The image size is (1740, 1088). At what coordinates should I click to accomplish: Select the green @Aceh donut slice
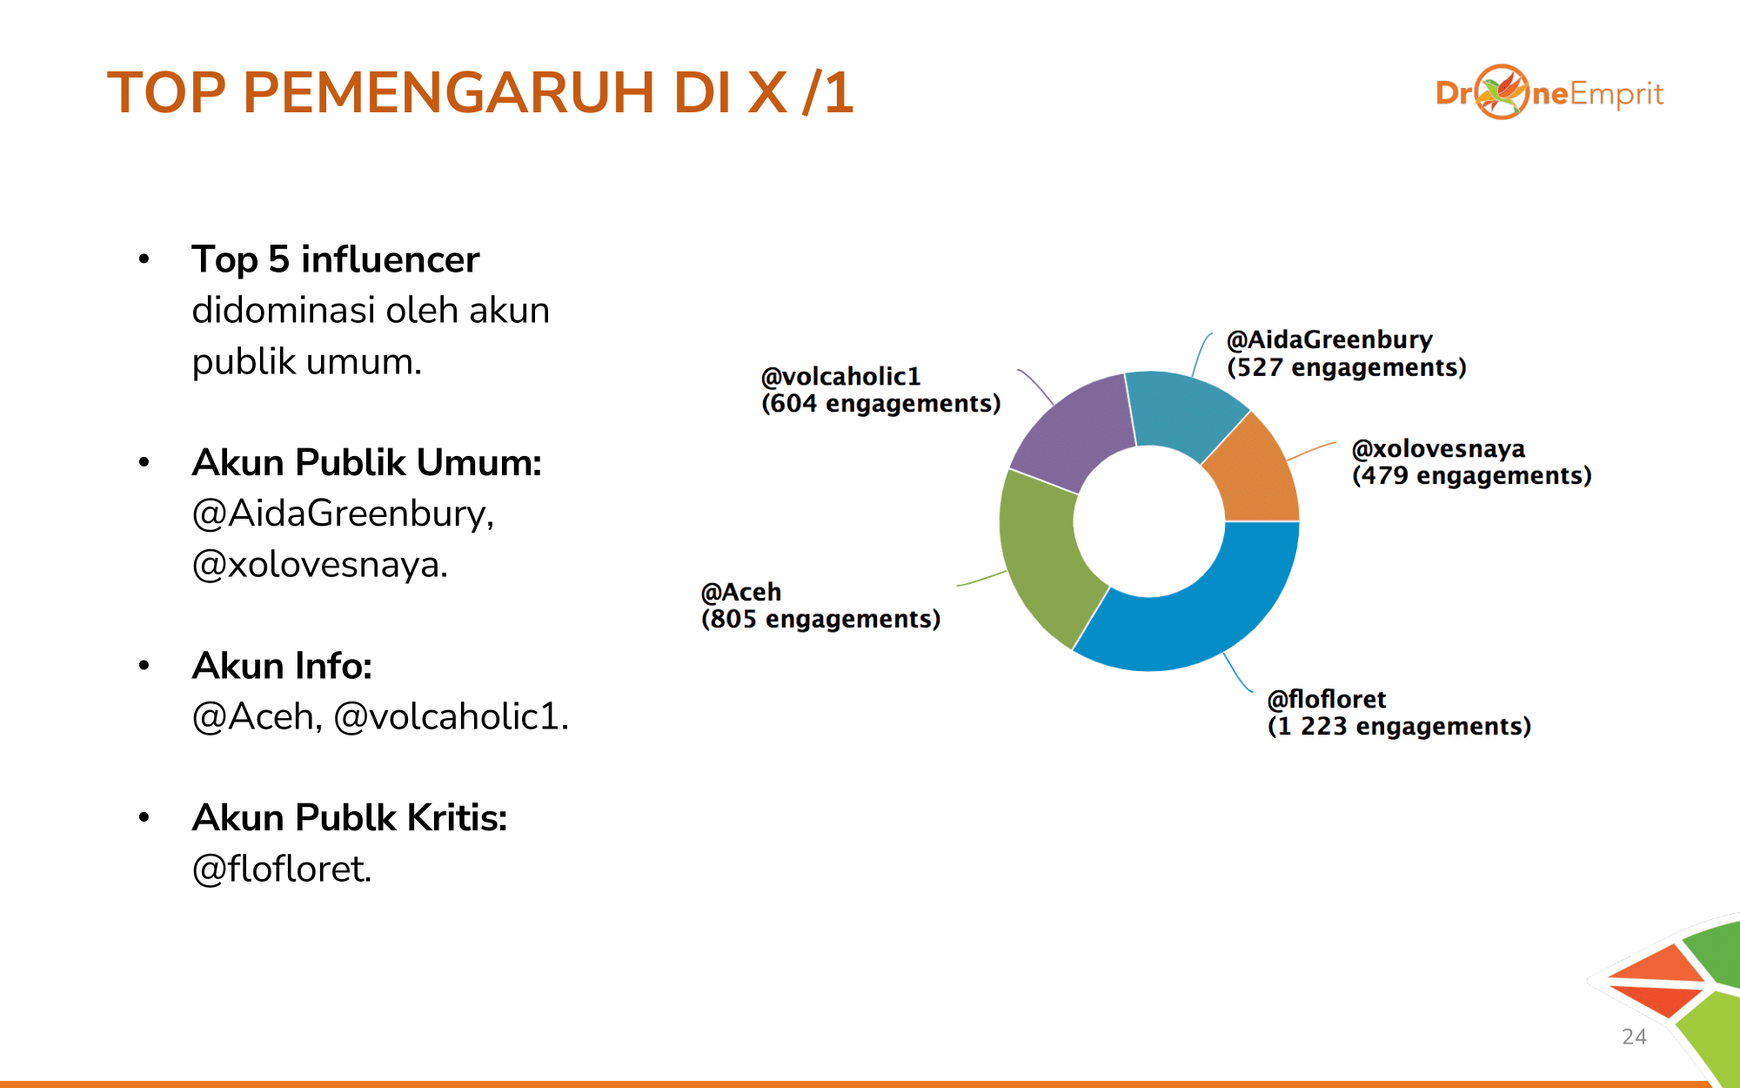pyautogui.click(x=1040, y=557)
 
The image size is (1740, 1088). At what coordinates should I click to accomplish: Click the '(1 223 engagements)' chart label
pyautogui.click(x=1399, y=726)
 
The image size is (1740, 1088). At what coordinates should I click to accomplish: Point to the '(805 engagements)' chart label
pyautogui.click(x=820, y=619)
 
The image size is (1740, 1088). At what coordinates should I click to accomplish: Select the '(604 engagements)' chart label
pyautogui.click(x=880, y=404)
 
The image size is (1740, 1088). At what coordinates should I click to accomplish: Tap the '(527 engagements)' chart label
pyautogui.click(x=1347, y=367)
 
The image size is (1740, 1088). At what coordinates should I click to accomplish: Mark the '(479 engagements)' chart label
pyautogui.click(x=1472, y=475)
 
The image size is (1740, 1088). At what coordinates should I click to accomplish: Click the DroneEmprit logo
pyautogui.click(x=1549, y=92)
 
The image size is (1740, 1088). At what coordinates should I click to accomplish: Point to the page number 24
pyautogui.click(x=1634, y=1037)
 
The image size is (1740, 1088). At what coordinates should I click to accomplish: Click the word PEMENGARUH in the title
pyautogui.click(x=448, y=92)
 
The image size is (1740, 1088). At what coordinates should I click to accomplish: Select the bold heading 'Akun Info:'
pyautogui.click(x=282, y=666)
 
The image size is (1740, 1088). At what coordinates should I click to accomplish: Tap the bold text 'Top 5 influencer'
pyautogui.click(x=336, y=259)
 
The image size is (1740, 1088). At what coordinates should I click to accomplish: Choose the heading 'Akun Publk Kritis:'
pyautogui.click(x=350, y=818)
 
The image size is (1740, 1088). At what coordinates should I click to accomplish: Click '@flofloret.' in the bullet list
pyautogui.click(x=282, y=869)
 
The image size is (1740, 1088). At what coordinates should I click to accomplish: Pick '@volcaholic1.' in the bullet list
pyautogui.click(x=452, y=716)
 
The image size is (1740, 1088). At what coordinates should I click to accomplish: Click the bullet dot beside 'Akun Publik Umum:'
pyautogui.click(x=144, y=462)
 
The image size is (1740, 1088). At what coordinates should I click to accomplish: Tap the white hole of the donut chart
pyautogui.click(x=1149, y=521)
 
